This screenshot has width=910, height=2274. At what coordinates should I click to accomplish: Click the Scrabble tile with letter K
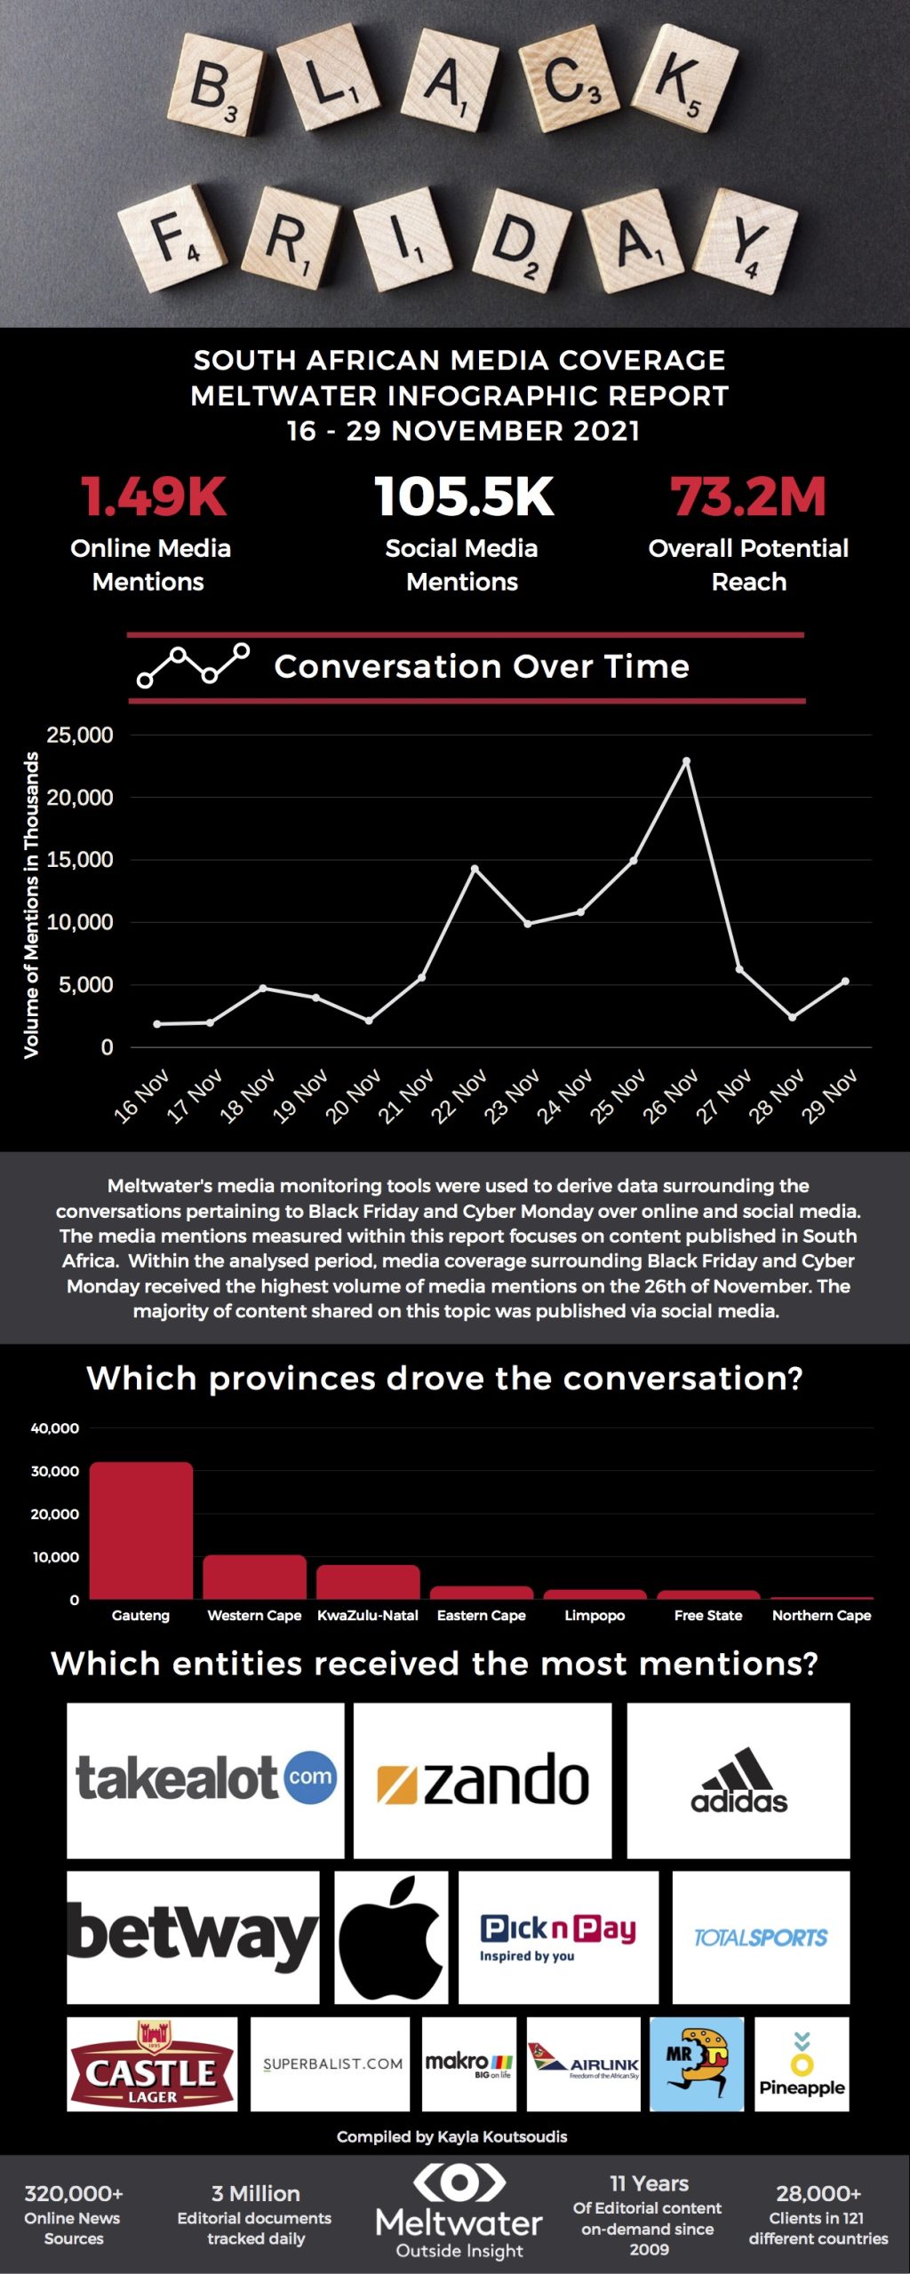pyautogui.click(x=683, y=80)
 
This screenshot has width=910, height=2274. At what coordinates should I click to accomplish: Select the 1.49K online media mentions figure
pyautogui.click(x=154, y=497)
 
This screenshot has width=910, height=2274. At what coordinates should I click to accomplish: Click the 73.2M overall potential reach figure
pyautogui.click(x=748, y=497)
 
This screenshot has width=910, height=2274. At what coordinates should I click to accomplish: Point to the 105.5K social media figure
pyautogui.click(x=464, y=497)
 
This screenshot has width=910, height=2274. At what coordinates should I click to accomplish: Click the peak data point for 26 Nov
pyautogui.click(x=686, y=761)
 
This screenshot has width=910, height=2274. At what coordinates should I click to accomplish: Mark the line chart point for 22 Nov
pyautogui.click(x=475, y=869)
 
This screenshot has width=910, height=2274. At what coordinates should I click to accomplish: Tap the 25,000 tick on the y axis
pyautogui.click(x=80, y=735)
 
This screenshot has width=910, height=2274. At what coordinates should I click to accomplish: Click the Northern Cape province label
pyautogui.click(x=821, y=1616)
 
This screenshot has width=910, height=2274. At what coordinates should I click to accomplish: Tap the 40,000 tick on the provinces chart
pyautogui.click(x=55, y=1428)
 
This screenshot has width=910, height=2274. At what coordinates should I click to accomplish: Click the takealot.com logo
pyautogui.click(x=205, y=1779)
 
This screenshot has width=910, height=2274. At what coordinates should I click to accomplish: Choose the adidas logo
pyautogui.click(x=738, y=1779)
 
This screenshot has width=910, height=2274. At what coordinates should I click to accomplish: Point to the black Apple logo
pyautogui.click(x=391, y=1936)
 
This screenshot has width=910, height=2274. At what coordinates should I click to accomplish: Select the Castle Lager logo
pyautogui.click(x=152, y=2063)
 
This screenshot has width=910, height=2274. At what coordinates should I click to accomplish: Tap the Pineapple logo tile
pyautogui.click(x=802, y=2063)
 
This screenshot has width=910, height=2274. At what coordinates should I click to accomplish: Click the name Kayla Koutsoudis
pyautogui.click(x=502, y=2137)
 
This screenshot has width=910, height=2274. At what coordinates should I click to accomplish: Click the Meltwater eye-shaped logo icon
pyautogui.click(x=459, y=2183)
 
